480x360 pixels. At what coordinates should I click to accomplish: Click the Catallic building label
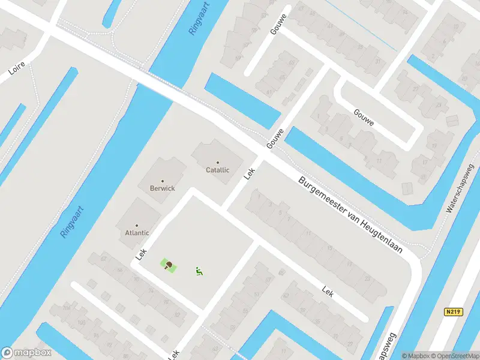[218, 170]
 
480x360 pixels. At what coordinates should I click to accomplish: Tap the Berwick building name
[163, 188]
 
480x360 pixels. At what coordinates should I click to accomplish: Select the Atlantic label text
[137, 233]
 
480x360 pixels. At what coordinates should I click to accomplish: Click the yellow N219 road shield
[454, 312]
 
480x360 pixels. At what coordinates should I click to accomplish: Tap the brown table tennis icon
[169, 264]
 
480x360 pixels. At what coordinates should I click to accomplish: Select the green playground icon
[198, 271]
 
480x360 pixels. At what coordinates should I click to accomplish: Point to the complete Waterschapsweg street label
[460, 188]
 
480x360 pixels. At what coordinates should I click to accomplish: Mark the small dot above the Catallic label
[218, 163]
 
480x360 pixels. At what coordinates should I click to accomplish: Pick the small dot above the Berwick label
[163, 181]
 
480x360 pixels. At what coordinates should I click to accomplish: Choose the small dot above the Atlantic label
[137, 226]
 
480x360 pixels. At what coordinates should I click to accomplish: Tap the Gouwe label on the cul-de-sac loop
[364, 118]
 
